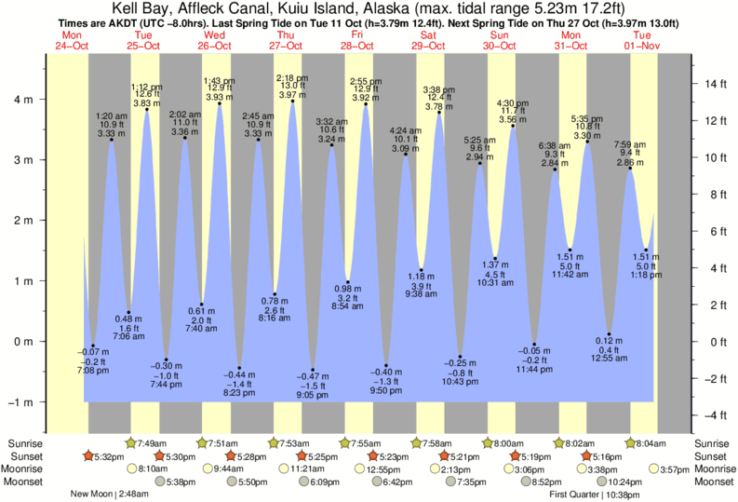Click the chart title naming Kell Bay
(369, 8)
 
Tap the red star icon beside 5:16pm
(586, 456)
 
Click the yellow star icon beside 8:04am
(631, 443)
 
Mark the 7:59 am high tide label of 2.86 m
(630, 153)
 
